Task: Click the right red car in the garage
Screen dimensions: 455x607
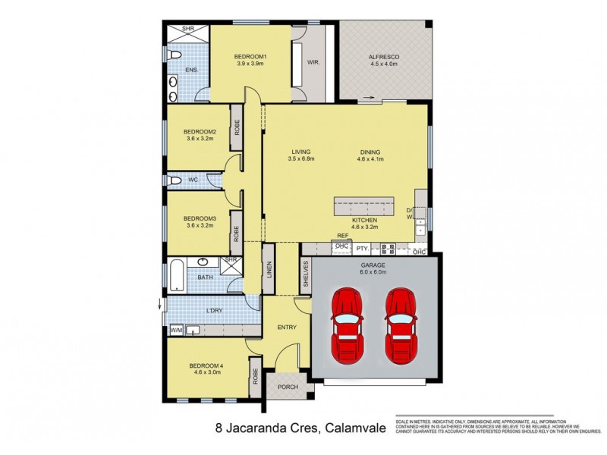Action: [400, 325]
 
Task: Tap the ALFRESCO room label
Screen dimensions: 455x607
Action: [383, 58]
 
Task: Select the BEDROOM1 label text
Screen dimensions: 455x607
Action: [250, 57]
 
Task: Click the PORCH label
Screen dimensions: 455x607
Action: [288, 387]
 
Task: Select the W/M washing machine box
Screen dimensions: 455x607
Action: [176, 330]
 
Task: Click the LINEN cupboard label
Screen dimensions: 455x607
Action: [269, 270]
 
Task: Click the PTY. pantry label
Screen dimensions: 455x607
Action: [363, 247]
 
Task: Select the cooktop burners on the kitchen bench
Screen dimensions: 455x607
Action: [387, 247]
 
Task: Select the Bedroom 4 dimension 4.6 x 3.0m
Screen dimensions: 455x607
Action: [205, 374]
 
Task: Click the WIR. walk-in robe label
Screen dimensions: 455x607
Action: [312, 62]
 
